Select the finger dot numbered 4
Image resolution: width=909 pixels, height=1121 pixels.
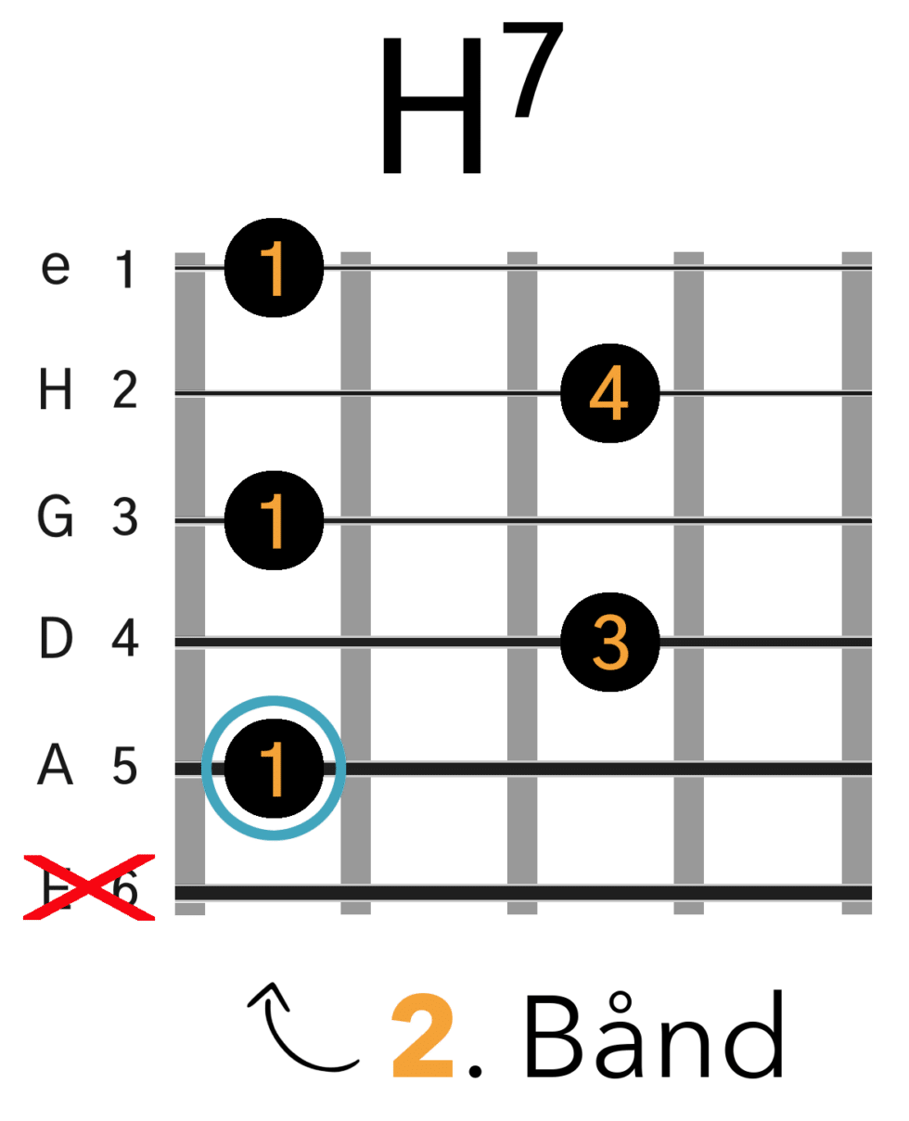pyautogui.click(x=609, y=392)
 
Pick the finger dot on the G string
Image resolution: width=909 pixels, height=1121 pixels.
pyautogui.click(x=274, y=519)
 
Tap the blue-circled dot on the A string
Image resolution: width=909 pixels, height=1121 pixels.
pyautogui.click(x=274, y=768)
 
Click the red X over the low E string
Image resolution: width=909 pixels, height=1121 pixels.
pyautogui.click(x=88, y=888)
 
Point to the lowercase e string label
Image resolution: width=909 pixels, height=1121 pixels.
pyautogui.click(x=55, y=270)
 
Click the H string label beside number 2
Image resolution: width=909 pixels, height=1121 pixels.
pyautogui.click(x=55, y=392)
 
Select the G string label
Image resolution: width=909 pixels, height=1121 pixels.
pyautogui.click(x=55, y=517)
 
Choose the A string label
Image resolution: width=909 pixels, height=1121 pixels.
pyautogui.click(x=55, y=767)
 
